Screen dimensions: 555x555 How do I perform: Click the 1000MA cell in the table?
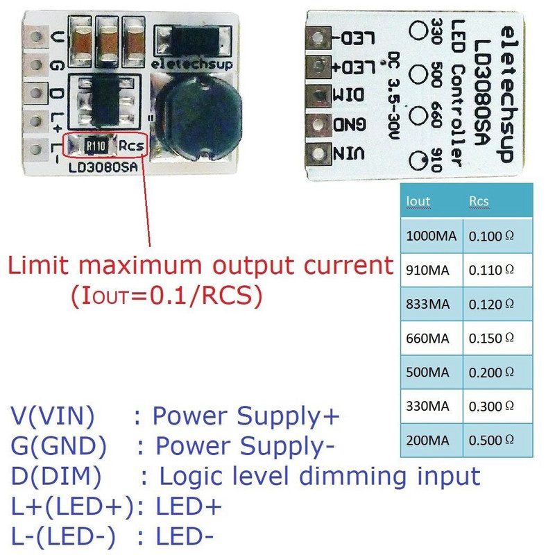click(431, 236)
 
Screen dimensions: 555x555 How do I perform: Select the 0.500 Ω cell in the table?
click(491, 440)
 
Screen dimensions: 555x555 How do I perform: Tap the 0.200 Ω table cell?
click(491, 372)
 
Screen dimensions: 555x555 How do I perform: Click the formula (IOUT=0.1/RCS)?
click(166, 296)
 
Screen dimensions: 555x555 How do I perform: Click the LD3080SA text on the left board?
click(104, 167)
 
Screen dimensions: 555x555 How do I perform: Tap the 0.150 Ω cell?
click(491, 338)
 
